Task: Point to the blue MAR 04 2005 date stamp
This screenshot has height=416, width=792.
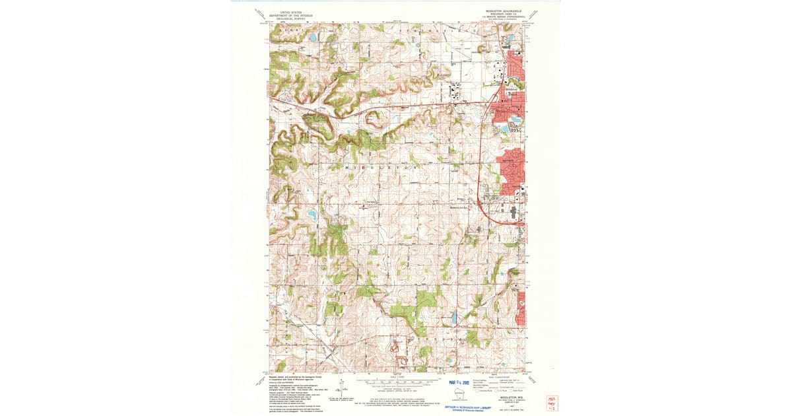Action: pyautogui.click(x=462, y=382)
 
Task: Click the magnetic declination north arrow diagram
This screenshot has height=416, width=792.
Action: pyautogui.click(x=343, y=388)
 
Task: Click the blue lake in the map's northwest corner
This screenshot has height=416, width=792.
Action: pyautogui.click(x=312, y=38)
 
